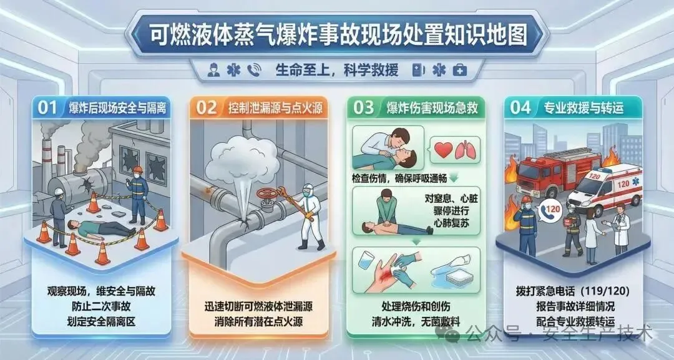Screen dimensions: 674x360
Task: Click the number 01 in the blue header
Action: click(47, 107)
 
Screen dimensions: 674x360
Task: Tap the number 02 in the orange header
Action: click(207, 108)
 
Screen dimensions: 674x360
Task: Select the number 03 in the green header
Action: click(364, 108)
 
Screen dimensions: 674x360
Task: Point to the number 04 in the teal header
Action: click(520, 108)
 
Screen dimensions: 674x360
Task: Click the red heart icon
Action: click(443, 150)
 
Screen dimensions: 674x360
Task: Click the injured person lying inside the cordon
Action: click(101, 228)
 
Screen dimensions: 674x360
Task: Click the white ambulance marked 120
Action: click(605, 188)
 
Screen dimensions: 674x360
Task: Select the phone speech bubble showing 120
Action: click(550, 210)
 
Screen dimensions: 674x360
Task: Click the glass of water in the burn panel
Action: click(365, 260)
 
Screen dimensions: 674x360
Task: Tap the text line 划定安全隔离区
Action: click(102, 321)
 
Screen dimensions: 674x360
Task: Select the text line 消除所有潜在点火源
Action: click(258, 321)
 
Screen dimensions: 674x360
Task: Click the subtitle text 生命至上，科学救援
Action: click(337, 70)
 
